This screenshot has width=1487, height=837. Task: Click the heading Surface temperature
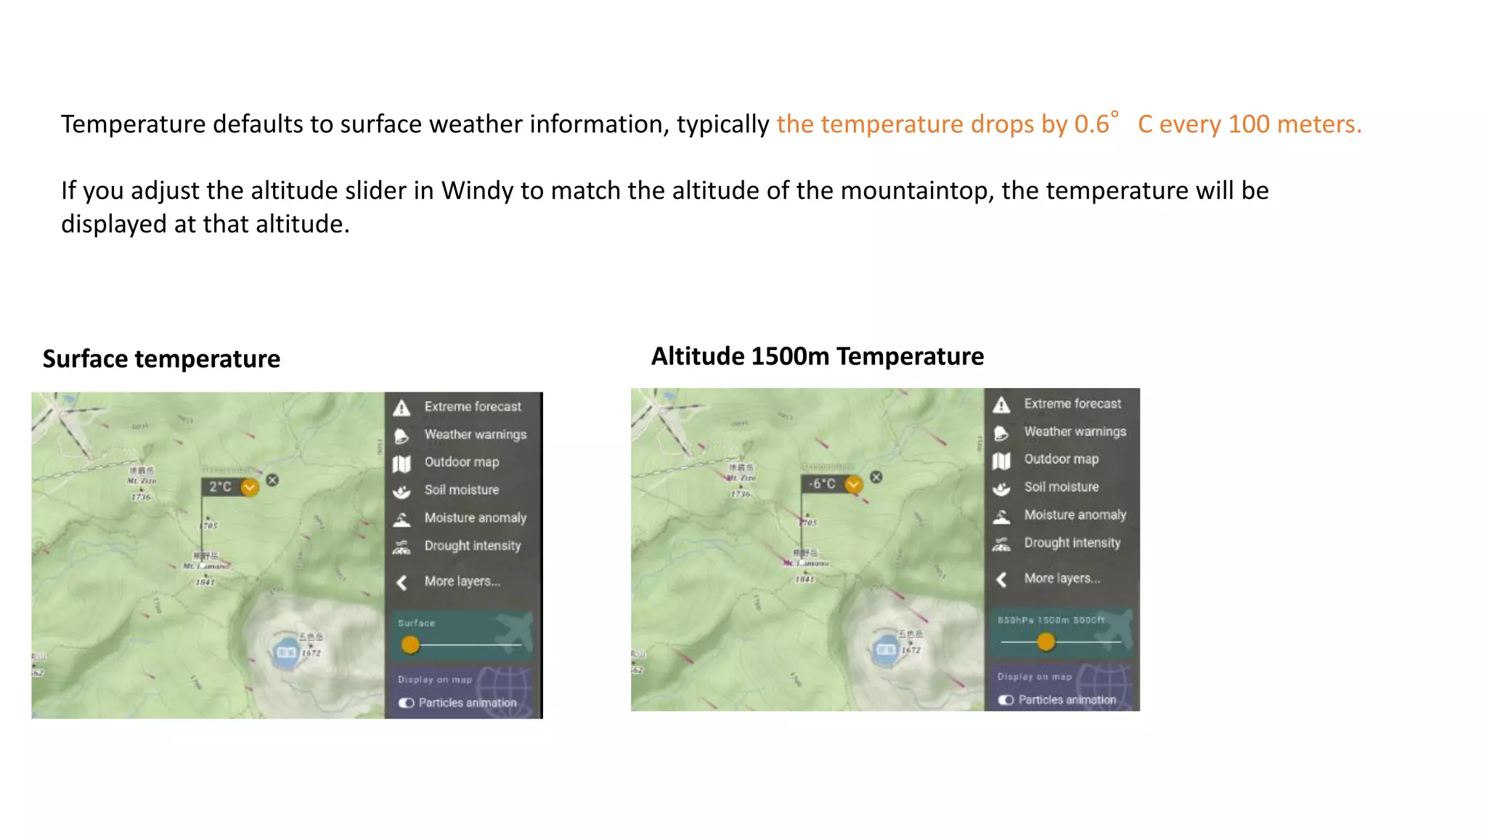tap(161, 359)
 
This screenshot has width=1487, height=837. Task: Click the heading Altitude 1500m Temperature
tap(817, 357)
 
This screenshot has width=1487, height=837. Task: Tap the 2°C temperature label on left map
tap(220, 487)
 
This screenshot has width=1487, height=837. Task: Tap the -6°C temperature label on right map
tap(823, 484)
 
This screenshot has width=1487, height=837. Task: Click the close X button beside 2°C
tap(272, 480)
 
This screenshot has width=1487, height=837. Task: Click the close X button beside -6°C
tap(876, 477)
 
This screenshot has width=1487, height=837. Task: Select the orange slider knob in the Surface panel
tap(410, 644)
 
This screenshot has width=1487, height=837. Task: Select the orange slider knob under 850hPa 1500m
tap(1046, 642)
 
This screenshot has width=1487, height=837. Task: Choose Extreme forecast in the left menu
tap(473, 407)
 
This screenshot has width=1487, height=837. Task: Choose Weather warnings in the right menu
tap(1075, 432)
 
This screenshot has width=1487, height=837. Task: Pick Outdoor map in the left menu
tap(462, 462)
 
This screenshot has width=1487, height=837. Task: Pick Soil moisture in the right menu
tap(1061, 487)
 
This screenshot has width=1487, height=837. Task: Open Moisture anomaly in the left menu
tap(475, 518)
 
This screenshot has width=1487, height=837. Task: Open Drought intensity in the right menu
tap(1072, 543)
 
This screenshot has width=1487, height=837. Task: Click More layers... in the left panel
tap(462, 581)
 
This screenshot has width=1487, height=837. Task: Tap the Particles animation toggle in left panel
tap(407, 703)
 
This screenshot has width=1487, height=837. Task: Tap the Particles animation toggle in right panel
tap(1006, 700)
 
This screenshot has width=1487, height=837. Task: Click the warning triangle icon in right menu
tap(1001, 405)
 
